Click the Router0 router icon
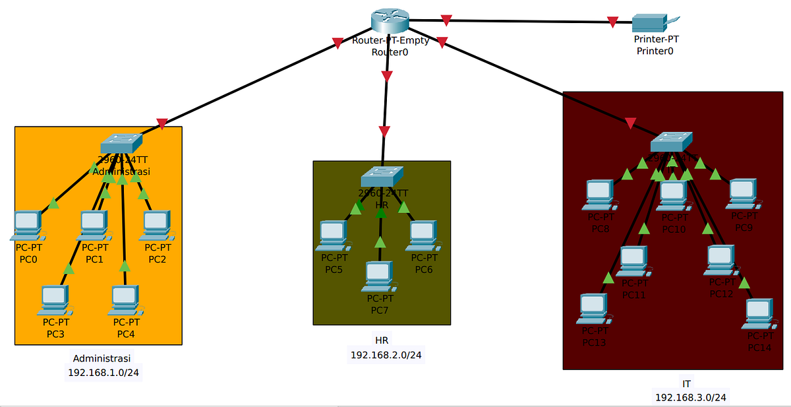(390, 21)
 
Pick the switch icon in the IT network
(671, 142)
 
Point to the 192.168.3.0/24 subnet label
(690, 397)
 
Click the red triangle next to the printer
(613, 22)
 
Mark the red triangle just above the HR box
(384, 131)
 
